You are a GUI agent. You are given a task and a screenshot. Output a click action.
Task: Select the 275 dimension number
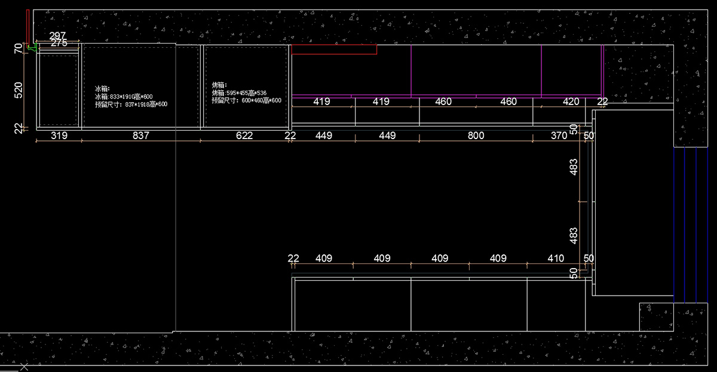59,43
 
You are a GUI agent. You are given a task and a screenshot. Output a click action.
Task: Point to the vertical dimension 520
18,90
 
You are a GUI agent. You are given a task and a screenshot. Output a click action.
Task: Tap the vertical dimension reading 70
18,48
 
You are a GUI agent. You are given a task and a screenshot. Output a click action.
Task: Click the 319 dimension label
59,136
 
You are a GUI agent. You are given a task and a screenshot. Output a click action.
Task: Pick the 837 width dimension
140,136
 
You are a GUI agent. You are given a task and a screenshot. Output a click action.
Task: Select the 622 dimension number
244,136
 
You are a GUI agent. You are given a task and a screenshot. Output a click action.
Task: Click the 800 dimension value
476,136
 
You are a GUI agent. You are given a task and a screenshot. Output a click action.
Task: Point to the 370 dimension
559,136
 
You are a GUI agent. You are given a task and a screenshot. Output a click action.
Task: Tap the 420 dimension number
571,102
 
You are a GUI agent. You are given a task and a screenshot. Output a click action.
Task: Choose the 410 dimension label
555,259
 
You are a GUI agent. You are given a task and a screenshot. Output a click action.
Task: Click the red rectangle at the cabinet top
334,50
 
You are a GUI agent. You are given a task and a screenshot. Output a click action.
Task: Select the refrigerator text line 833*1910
124,96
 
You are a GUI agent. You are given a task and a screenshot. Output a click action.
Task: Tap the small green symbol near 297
32,47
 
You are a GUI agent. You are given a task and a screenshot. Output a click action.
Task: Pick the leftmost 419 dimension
321,102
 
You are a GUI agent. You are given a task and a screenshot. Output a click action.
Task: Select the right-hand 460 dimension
508,102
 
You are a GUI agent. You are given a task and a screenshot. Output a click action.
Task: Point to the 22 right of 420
602,102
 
